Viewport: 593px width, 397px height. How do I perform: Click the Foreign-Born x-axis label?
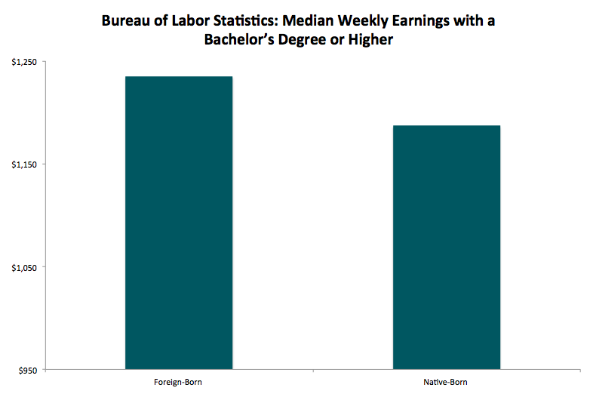point(179,383)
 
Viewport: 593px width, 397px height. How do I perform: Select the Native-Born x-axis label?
point(447,383)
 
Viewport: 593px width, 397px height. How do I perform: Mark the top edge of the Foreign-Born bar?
point(179,77)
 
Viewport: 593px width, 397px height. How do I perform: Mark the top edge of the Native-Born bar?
point(447,126)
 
